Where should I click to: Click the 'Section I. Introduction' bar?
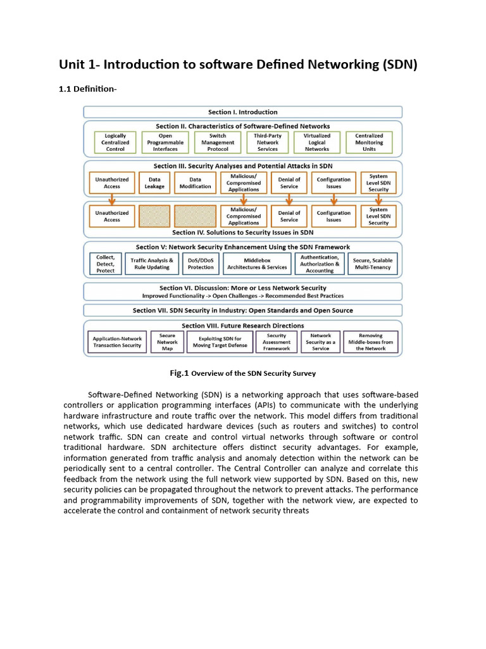[x=243, y=112]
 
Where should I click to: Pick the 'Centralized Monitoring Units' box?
[x=369, y=143]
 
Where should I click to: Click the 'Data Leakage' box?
[x=154, y=183]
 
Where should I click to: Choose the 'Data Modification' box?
[x=196, y=183]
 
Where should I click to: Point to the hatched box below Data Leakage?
[x=154, y=216]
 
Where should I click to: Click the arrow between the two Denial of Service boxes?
[x=289, y=199]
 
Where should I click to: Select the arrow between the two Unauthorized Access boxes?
[x=111, y=199]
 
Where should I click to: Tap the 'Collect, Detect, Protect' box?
[x=106, y=264]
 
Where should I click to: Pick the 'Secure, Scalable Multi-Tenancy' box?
[x=373, y=264]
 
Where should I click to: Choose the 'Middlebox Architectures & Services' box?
[x=257, y=264]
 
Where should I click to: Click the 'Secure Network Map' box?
[x=167, y=342]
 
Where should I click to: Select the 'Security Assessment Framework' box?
[x=277, y=342]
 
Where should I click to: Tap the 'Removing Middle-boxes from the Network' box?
[x=371, y=342]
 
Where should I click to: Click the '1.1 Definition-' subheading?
[x=87, y=89]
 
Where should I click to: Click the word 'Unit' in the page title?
[x=73, y=65]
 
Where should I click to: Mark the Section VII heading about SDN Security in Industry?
[x=243, y=311]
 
